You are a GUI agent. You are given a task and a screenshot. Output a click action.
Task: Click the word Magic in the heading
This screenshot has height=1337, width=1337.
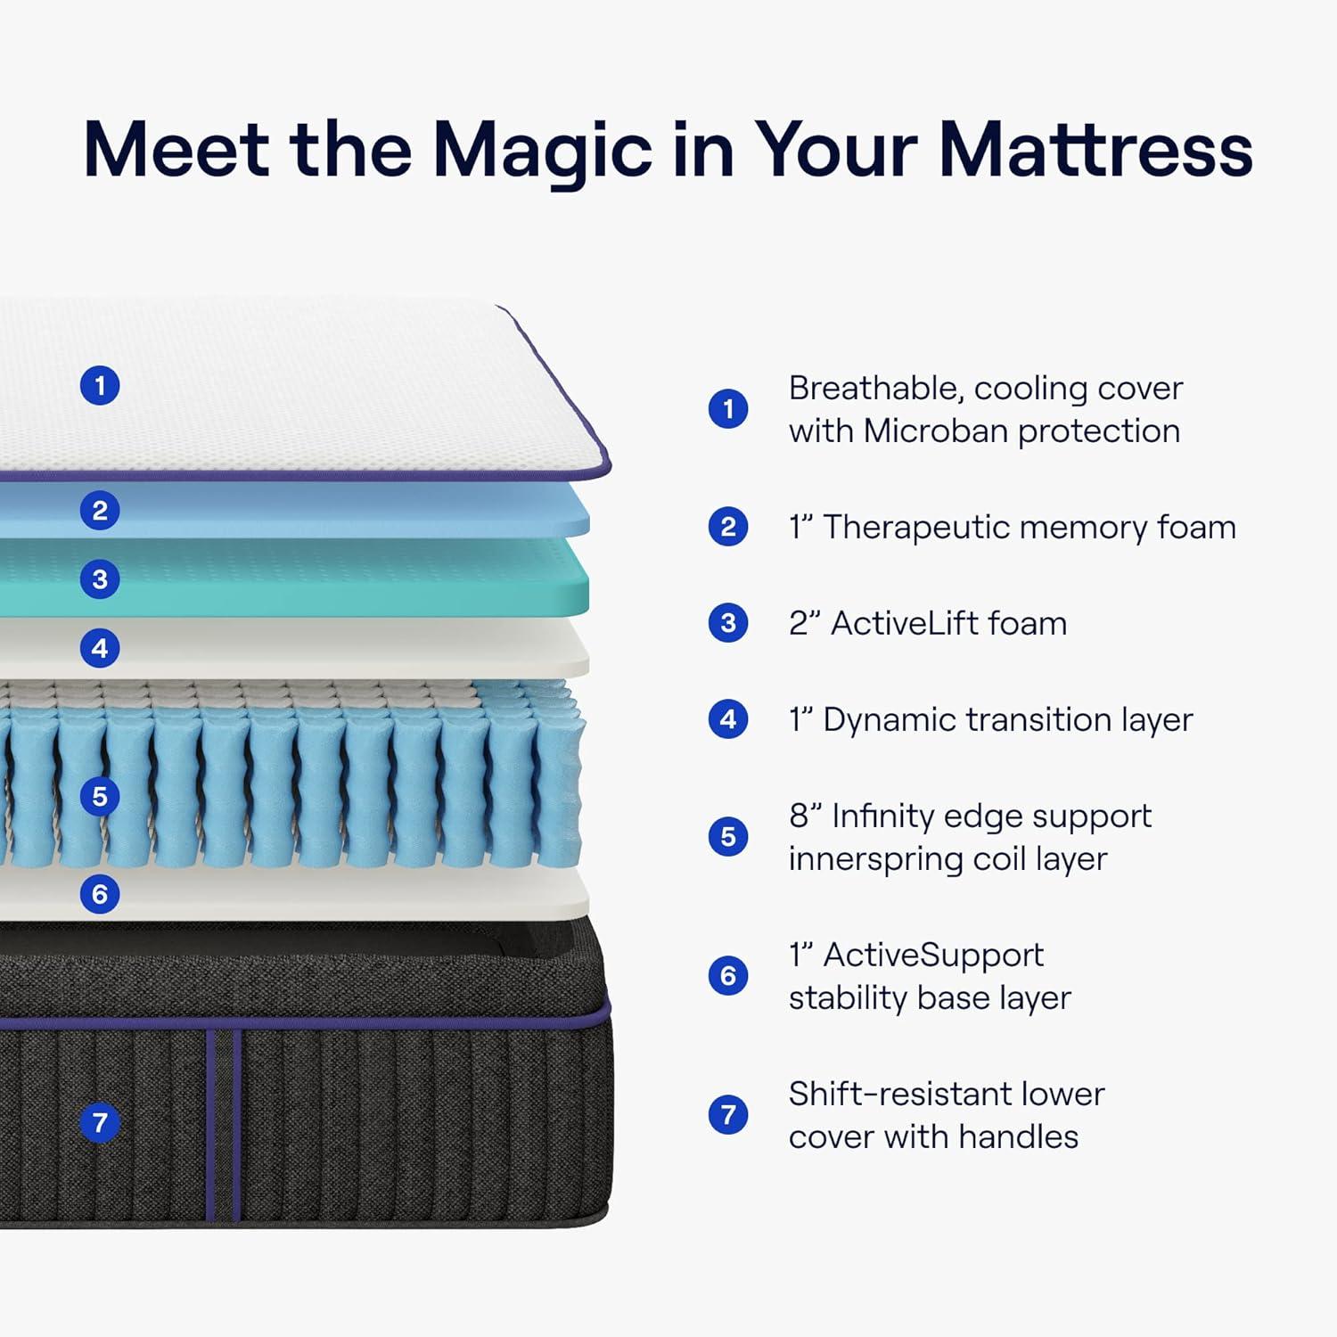pyautogui.click(x=542, y=150)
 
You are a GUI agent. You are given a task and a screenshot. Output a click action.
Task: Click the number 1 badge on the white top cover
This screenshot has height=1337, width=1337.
pyautogui.click(x=100, y=386)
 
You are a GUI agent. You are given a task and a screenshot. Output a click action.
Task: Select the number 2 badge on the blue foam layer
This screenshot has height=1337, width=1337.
pyautogui.click(x=100, y=511)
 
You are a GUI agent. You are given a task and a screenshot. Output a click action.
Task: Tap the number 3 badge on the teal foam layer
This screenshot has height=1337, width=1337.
pyautogui.click(x=100, y=579)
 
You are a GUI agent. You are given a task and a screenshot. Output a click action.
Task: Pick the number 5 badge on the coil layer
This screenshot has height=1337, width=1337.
pyautogui.click(x=100, y=796)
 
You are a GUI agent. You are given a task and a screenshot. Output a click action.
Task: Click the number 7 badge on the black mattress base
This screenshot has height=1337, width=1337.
pyautogui.click(x=100, y=1122)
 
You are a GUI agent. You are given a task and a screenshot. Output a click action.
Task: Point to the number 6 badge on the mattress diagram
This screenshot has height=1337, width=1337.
pyautogui.click(x=100, y=894)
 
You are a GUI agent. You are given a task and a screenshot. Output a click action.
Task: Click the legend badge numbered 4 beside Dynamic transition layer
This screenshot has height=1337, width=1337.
pyautogui.click(x=728, y=719)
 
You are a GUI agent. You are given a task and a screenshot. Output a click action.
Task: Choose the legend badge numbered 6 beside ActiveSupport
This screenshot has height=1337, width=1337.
pyautogui.click(x=728, y=976)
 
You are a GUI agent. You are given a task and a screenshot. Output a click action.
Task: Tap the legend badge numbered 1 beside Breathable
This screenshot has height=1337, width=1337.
pyautogui.click(x=728, y=409)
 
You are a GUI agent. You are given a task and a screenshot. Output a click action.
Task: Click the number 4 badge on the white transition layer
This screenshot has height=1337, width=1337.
pyautogui.click(x=100, y=648)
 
